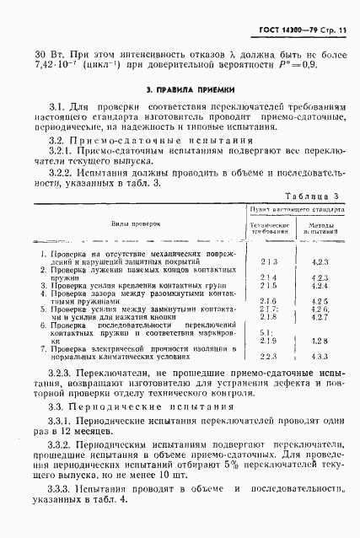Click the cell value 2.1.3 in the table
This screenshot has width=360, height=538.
point(269,262)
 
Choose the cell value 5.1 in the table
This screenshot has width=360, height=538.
point(269,332)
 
